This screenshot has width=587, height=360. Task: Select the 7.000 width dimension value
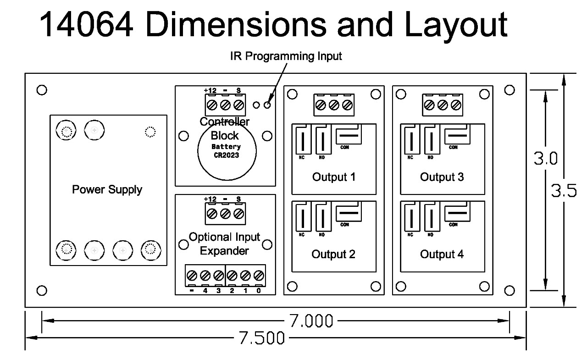point(310,321)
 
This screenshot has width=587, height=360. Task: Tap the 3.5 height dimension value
point(564,191)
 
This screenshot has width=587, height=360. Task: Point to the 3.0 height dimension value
point(545,159)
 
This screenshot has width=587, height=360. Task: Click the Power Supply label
point(107,189)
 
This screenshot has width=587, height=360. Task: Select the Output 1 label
point(333,177)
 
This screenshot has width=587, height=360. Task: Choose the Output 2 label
point(333,254)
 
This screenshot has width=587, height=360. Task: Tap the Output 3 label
point(442,177)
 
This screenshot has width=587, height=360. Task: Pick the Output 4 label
point(442,254)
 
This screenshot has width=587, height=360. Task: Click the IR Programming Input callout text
point(286,56)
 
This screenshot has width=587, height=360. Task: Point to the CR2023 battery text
point(226,155)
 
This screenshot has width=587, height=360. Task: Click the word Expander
point(225,251)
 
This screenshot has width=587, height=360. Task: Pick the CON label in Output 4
point(453,224)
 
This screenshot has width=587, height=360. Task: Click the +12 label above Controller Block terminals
point(210,90)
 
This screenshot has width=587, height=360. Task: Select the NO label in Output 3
point(430,157)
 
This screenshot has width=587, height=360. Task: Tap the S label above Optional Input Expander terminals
point(238,199)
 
